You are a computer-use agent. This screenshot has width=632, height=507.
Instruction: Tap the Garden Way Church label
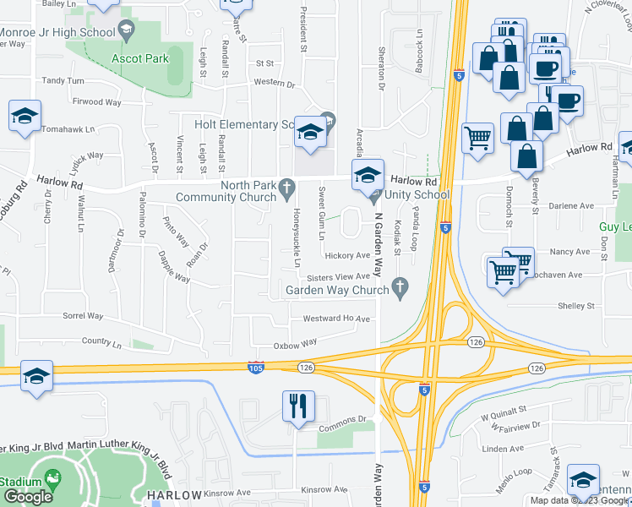tap(336, 290)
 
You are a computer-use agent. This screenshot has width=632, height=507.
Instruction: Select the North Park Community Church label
tap(226, 192)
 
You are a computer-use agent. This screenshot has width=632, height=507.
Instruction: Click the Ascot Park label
tap(141, 59)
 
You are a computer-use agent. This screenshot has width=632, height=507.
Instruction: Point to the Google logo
tap(29, 497)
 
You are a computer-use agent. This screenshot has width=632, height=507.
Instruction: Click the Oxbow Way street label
tap(295, 343)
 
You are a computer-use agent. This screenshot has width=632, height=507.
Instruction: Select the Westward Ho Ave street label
tap(337, 319)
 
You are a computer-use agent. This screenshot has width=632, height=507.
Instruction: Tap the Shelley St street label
tap(575, 306)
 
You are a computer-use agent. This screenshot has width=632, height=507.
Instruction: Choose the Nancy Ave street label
tap(569, 252)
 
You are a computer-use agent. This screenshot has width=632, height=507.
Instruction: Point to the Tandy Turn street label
tap(63, 81)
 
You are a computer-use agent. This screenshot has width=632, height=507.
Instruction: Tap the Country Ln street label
tap(102, 341)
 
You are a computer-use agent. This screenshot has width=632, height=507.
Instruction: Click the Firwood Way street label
tap(97, 102)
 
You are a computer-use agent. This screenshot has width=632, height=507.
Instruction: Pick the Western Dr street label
tap(274, 83)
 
